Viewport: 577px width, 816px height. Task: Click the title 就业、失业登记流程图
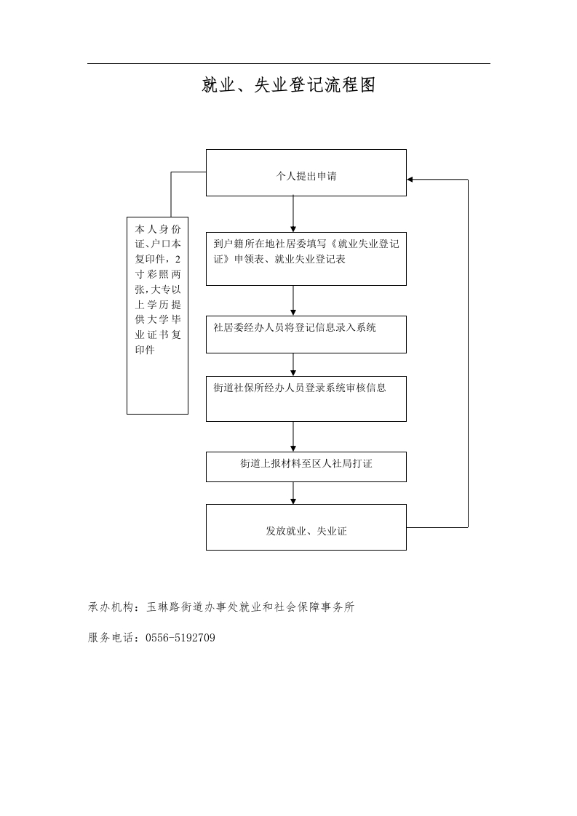pos(288,85)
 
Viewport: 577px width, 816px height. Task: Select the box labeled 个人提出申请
pos(306,173)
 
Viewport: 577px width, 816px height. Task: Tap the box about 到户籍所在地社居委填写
pos(306,259)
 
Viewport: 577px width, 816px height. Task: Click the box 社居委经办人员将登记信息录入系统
pos(306,334)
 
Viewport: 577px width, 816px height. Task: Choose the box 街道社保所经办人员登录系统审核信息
pos(306,399)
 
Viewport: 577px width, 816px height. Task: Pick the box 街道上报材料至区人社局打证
pos(306,467)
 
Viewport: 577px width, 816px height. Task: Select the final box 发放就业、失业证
pos(306,527)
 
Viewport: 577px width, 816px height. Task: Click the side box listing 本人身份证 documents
pos(157,316)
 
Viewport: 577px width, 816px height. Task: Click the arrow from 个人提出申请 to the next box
pos(293,214)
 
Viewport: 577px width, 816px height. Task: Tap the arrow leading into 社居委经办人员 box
pos(293,300)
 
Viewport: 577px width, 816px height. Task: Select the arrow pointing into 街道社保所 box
pos(293,364)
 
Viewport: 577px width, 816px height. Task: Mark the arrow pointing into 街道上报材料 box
pos(293,436)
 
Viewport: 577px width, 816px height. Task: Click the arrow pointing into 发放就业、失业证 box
pos(293,493)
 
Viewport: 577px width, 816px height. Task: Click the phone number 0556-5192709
pos(180,638)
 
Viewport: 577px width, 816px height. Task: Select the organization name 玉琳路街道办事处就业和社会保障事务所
pos(250,607)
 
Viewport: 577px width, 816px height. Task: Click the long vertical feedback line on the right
pos(468,353)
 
